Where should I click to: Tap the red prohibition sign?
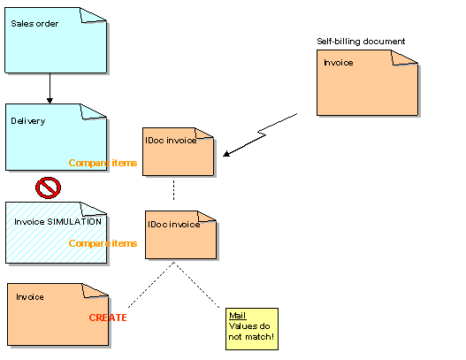pos(48,188)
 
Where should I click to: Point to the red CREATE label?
pos(108,318)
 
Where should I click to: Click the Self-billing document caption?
pos(361,42)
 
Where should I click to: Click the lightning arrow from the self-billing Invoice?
pos(265,133)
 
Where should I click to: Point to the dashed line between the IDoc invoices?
pos(173,191)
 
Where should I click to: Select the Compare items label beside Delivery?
pos(103,163)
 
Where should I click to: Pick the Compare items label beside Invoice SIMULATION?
pos(103,243)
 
